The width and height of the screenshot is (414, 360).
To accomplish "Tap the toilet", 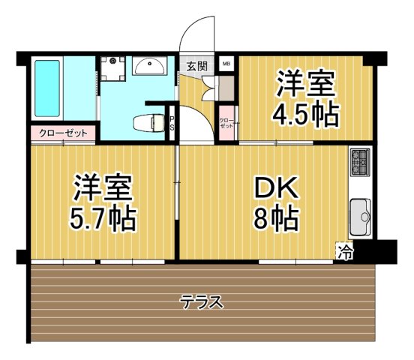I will (x=148, y=121).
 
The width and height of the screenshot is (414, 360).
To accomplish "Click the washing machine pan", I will (x=115, y=68).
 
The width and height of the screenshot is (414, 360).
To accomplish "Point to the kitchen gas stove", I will (x=359, y=162).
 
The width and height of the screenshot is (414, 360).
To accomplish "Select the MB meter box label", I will (x=226, y=64).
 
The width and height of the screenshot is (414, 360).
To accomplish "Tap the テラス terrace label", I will (x=202, y=302).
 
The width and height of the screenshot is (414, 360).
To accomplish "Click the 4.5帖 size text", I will (x=304, y=114).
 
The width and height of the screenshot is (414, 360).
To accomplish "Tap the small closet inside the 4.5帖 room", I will (x=226, y=122).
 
